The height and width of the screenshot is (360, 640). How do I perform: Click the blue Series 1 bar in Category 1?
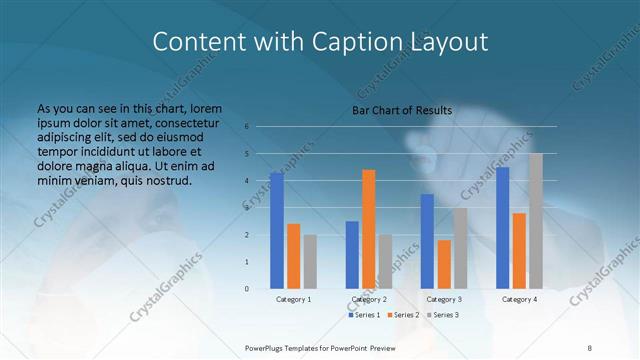pos(276,231)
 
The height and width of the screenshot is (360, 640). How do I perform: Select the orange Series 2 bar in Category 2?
pos(369,229)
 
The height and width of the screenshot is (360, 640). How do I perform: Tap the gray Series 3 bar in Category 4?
pos(536,221)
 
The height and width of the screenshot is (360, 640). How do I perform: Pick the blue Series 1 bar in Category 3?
pos(427,241)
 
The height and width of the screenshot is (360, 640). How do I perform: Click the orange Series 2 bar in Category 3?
pos(444,264)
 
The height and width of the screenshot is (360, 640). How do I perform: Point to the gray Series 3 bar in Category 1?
pos(310,262)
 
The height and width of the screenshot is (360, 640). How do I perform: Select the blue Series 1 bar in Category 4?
pos(502,228)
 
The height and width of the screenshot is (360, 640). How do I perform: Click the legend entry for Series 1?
pos(365,315)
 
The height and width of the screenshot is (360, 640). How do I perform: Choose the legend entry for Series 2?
pos(403,315)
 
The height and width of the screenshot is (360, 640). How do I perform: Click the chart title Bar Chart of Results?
pos(402,110)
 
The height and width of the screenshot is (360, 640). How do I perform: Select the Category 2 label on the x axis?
pos(369,299)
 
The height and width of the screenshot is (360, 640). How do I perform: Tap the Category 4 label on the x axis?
pos(519,299)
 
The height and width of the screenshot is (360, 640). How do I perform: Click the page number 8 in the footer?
pos(589,347)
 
